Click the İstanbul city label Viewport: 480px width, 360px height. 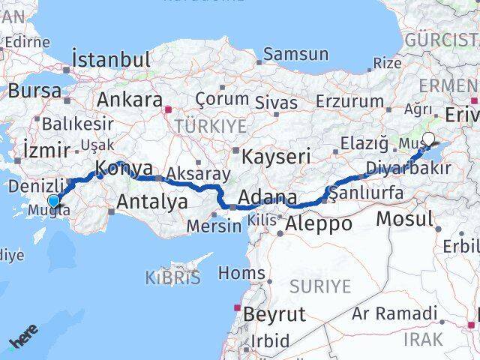coord(111,59)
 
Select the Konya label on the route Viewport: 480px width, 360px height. coord(124,168)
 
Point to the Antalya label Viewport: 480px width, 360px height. coord(151,201)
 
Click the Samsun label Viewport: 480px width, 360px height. coord(295,54)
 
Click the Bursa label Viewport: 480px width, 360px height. coord(34,91)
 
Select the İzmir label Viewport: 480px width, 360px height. coord(46,148)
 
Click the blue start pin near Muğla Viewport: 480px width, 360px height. coord(53,200)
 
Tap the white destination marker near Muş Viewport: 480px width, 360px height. coord(429,138)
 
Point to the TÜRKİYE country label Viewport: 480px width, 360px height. coord(211,126)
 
